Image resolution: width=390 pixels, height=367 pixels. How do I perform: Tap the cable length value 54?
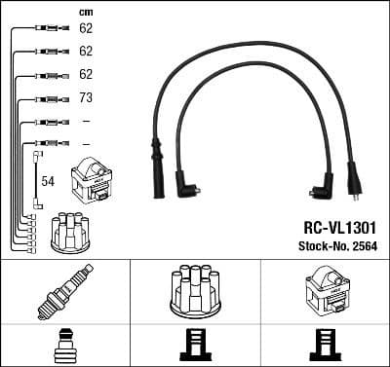[x=47, y=182]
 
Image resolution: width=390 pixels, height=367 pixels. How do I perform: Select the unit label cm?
[x=85, y=12]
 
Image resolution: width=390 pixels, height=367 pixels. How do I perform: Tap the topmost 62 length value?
[x=86, y=29]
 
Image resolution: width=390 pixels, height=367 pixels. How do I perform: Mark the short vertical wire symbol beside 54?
[x=37, y=180]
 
